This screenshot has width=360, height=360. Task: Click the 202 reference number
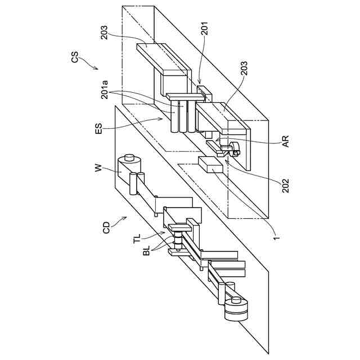click(x=286, y=185)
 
